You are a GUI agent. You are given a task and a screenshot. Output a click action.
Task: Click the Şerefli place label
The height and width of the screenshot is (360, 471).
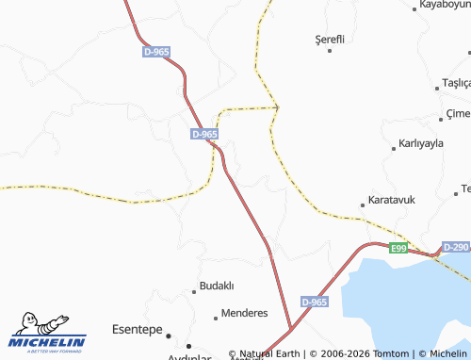[x=330, y=39]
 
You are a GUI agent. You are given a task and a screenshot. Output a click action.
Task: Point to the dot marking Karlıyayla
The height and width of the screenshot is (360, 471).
[x=393, y=149]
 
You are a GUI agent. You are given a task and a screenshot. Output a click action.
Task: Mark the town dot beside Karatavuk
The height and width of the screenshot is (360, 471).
[x=363, y=205]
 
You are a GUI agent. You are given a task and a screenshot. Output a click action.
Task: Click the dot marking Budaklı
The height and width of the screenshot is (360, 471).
[x=194, y=290]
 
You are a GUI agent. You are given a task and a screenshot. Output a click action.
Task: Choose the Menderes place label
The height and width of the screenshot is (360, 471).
[x=244, y=313]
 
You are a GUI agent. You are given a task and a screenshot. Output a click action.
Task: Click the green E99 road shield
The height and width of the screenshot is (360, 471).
[x=399, y=248]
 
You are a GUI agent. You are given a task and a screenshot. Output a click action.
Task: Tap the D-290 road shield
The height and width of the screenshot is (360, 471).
[x=455, y=247]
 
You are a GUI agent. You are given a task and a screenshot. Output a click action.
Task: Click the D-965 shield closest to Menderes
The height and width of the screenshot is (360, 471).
[x=315, y=302]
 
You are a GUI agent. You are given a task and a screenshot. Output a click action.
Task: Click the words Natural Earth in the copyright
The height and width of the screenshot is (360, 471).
[x=271, y=353]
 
